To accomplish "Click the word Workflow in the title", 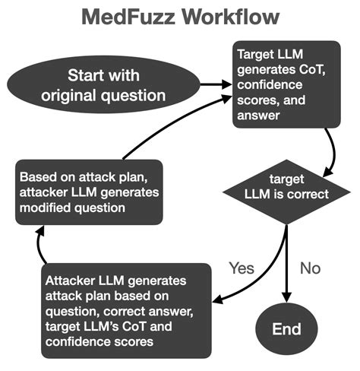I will (x=233, y=17).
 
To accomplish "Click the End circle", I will (x=287, y=328).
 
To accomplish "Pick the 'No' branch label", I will (x=311, y=268).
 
